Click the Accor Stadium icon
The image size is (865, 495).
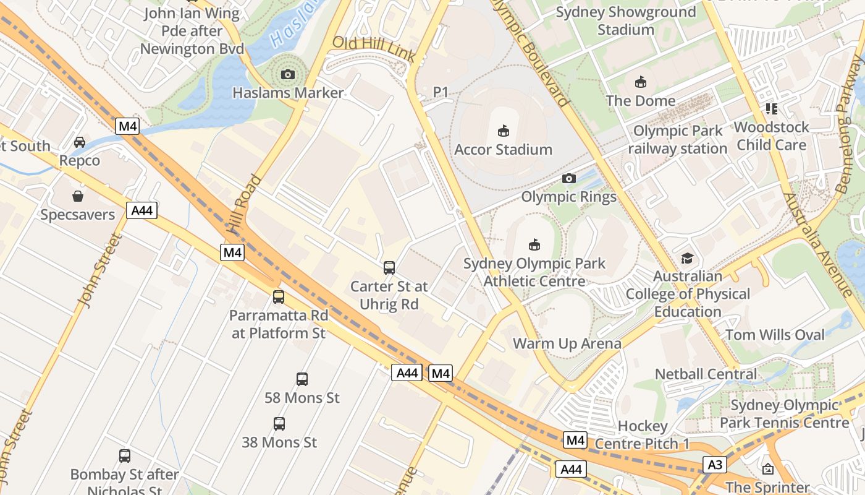tap(504, 131)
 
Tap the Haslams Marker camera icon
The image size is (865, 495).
tap(287, 75)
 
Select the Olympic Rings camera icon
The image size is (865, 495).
tap(569, 179)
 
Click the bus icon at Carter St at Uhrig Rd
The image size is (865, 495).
tap(389, 268)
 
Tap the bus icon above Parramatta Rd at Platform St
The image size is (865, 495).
tap(279, 297)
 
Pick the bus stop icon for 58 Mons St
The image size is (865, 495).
tap(302, 379)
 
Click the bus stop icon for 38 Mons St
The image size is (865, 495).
tap(279, 424)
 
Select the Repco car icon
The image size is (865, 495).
tap(80, 142)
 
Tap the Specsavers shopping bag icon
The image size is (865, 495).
tap(78, 197)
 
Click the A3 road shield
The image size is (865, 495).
tap(714, 464)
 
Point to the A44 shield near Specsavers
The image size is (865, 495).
tap(142, 210)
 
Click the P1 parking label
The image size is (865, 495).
tap(441, 92)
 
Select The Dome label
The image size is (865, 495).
tap(641, 100)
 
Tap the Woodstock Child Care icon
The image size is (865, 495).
tap(772, 109)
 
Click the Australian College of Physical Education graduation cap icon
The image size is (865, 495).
tap(687, 258)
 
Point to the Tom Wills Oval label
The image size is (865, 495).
tap(775, 335)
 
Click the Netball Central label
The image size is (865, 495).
tap(706, 374)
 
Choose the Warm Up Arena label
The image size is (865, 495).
tap(567, 343)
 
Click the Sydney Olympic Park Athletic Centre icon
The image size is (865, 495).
tap(534, 245)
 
